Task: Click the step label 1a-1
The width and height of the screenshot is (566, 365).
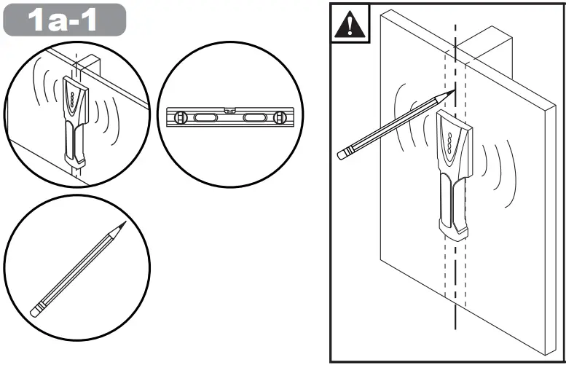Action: [64, 20]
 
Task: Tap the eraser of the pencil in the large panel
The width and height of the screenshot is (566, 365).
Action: [342, 153]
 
